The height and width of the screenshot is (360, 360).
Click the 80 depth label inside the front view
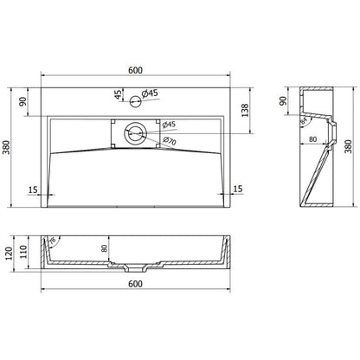click(106, 249)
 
